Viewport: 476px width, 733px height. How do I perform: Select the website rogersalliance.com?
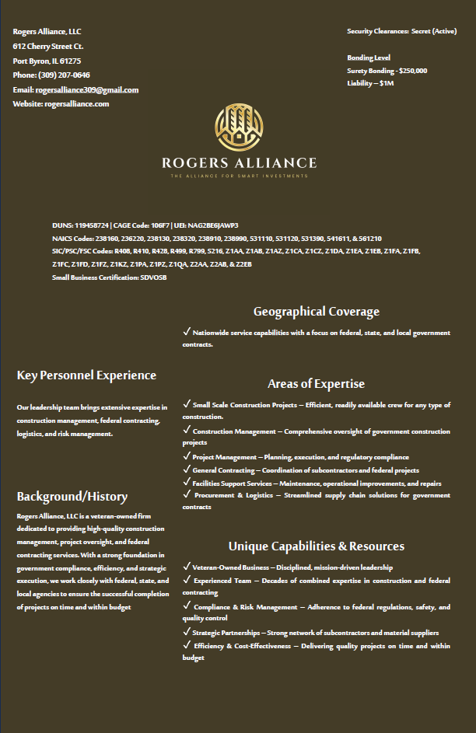(x=76, y=104)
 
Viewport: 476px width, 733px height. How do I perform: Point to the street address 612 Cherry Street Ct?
(x=48, y=47)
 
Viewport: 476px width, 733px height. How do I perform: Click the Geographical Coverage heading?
(x=316, y=312)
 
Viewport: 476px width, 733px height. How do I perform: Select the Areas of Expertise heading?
(x=316, y=384)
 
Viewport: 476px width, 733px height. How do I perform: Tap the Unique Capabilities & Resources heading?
(x=316, y=546)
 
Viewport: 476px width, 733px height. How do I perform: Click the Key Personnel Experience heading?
(x=86, y=375)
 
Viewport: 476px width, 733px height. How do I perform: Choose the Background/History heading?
(x=72, y=497)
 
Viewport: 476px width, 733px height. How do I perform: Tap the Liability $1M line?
(x=370, y=83)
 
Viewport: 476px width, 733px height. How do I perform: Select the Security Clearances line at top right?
(x=401, y=31)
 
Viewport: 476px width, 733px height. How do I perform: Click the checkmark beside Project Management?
(x=187, y=456)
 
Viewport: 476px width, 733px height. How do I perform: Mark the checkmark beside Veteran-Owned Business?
(x=187, y=567)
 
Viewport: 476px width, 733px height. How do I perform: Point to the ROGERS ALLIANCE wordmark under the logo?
(x=239, y=163)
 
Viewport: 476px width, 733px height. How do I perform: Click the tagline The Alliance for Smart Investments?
(x=239, y=176)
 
